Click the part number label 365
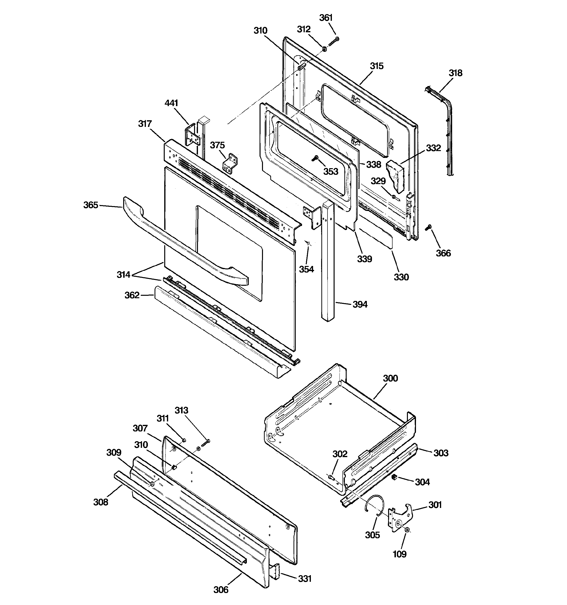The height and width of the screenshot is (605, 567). [x=91, y=205]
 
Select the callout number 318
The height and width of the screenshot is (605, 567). [x=455, y=73]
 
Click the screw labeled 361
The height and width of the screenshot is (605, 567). [x=334, y=41]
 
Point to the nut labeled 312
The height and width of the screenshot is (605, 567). [x=324, y=48]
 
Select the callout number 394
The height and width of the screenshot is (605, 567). [x=360, y=304]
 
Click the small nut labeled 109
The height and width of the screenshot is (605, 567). [x=407, y=530]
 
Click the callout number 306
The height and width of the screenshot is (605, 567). [x=221, y=590]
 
